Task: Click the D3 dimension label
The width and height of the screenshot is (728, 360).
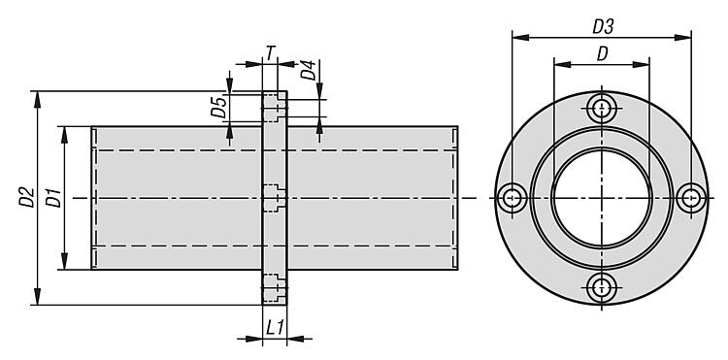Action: (x=603, y=27)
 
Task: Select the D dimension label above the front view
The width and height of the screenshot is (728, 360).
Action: (x=602, y=54)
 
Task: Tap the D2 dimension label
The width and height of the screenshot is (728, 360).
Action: (x=26, y=197)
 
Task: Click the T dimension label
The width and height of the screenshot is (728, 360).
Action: (x=270, y=53)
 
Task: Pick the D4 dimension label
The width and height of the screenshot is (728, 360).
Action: (x=309, y=70)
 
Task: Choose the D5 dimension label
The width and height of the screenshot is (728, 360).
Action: (x=218, y=106)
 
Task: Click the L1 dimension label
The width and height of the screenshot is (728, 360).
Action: (x=275, y=328)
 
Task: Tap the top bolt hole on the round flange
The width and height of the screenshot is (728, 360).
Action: (x=602, y=108)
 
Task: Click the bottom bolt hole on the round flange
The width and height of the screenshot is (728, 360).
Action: (x=602, y=288)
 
